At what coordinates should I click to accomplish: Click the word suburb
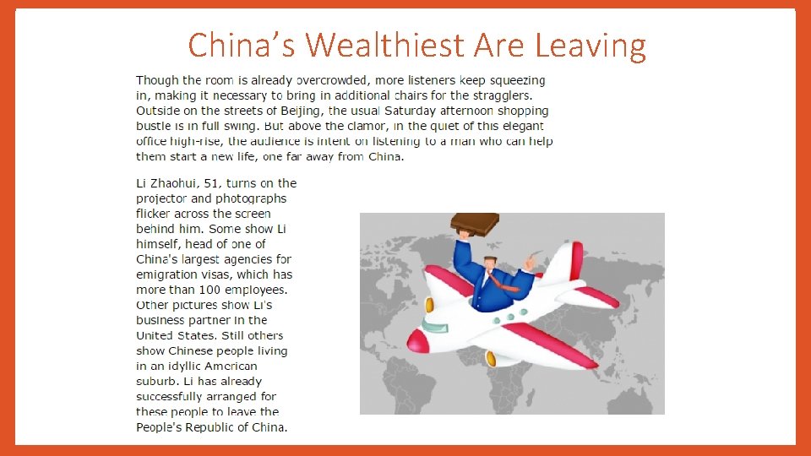(155, 381)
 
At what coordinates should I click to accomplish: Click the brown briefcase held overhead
(474, 223)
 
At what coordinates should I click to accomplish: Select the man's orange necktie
(504, 285)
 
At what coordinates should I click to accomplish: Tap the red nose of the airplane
(416, 340)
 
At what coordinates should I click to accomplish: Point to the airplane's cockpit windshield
(433, 326)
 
